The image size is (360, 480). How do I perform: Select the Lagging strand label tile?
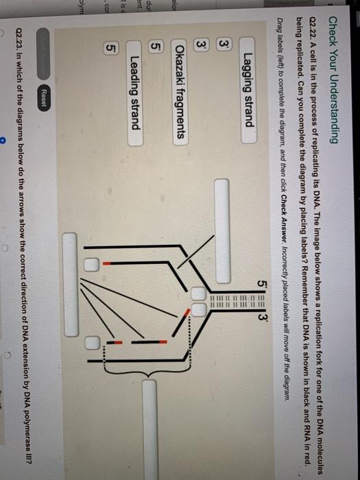pyautogui.click(x=248, y=90)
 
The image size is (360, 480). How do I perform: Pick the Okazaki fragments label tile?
pyautogui.click(x=180, y=92)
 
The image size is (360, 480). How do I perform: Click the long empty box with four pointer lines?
pyautogui.click(x=70, y=285)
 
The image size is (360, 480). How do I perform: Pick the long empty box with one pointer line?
pyautogui.click(x=222, y=231)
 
